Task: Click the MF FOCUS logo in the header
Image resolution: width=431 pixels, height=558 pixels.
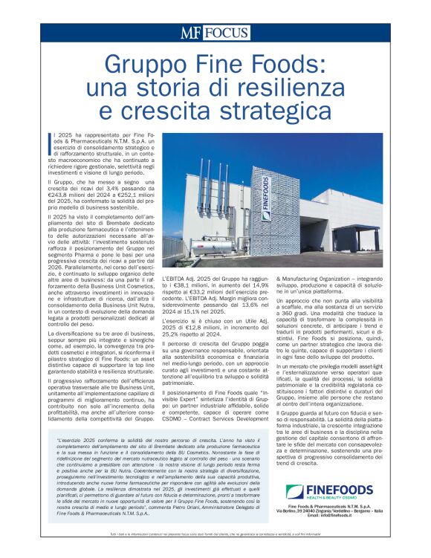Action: (x=215, y=33)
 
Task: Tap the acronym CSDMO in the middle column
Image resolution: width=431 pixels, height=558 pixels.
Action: (x=176, y=418)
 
